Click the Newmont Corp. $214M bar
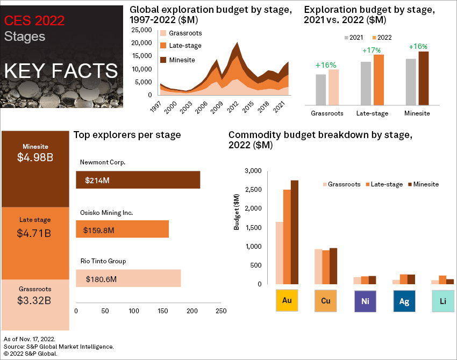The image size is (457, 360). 138,180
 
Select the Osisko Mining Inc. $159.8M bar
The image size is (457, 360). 123,229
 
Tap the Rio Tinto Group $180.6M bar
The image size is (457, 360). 128,279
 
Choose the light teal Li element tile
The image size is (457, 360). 444,301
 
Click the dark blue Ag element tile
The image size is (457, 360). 404,301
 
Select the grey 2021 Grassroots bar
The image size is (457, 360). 321,90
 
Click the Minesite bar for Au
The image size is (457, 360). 294,232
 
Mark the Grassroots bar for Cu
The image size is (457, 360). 318,266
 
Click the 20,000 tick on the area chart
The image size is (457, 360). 141,43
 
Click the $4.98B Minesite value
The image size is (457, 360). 35,157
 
